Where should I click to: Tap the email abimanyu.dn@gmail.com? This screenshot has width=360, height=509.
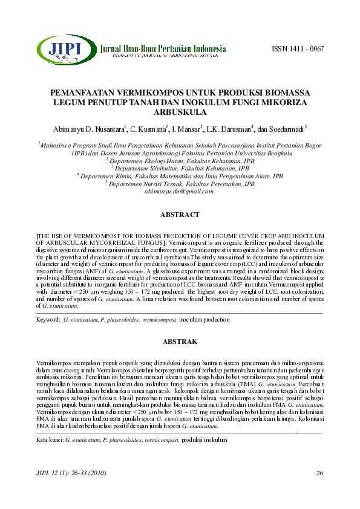180,191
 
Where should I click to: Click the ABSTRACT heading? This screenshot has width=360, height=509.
180,215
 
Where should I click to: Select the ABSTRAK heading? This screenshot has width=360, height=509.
180,342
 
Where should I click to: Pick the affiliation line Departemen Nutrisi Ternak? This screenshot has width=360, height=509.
180,184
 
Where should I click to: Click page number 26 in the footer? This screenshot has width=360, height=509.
320,472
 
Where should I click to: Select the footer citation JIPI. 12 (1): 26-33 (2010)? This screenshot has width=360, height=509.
68,472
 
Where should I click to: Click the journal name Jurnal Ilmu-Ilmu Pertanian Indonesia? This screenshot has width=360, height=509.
163,48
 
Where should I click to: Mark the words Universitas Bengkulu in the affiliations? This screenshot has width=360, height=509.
259,154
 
